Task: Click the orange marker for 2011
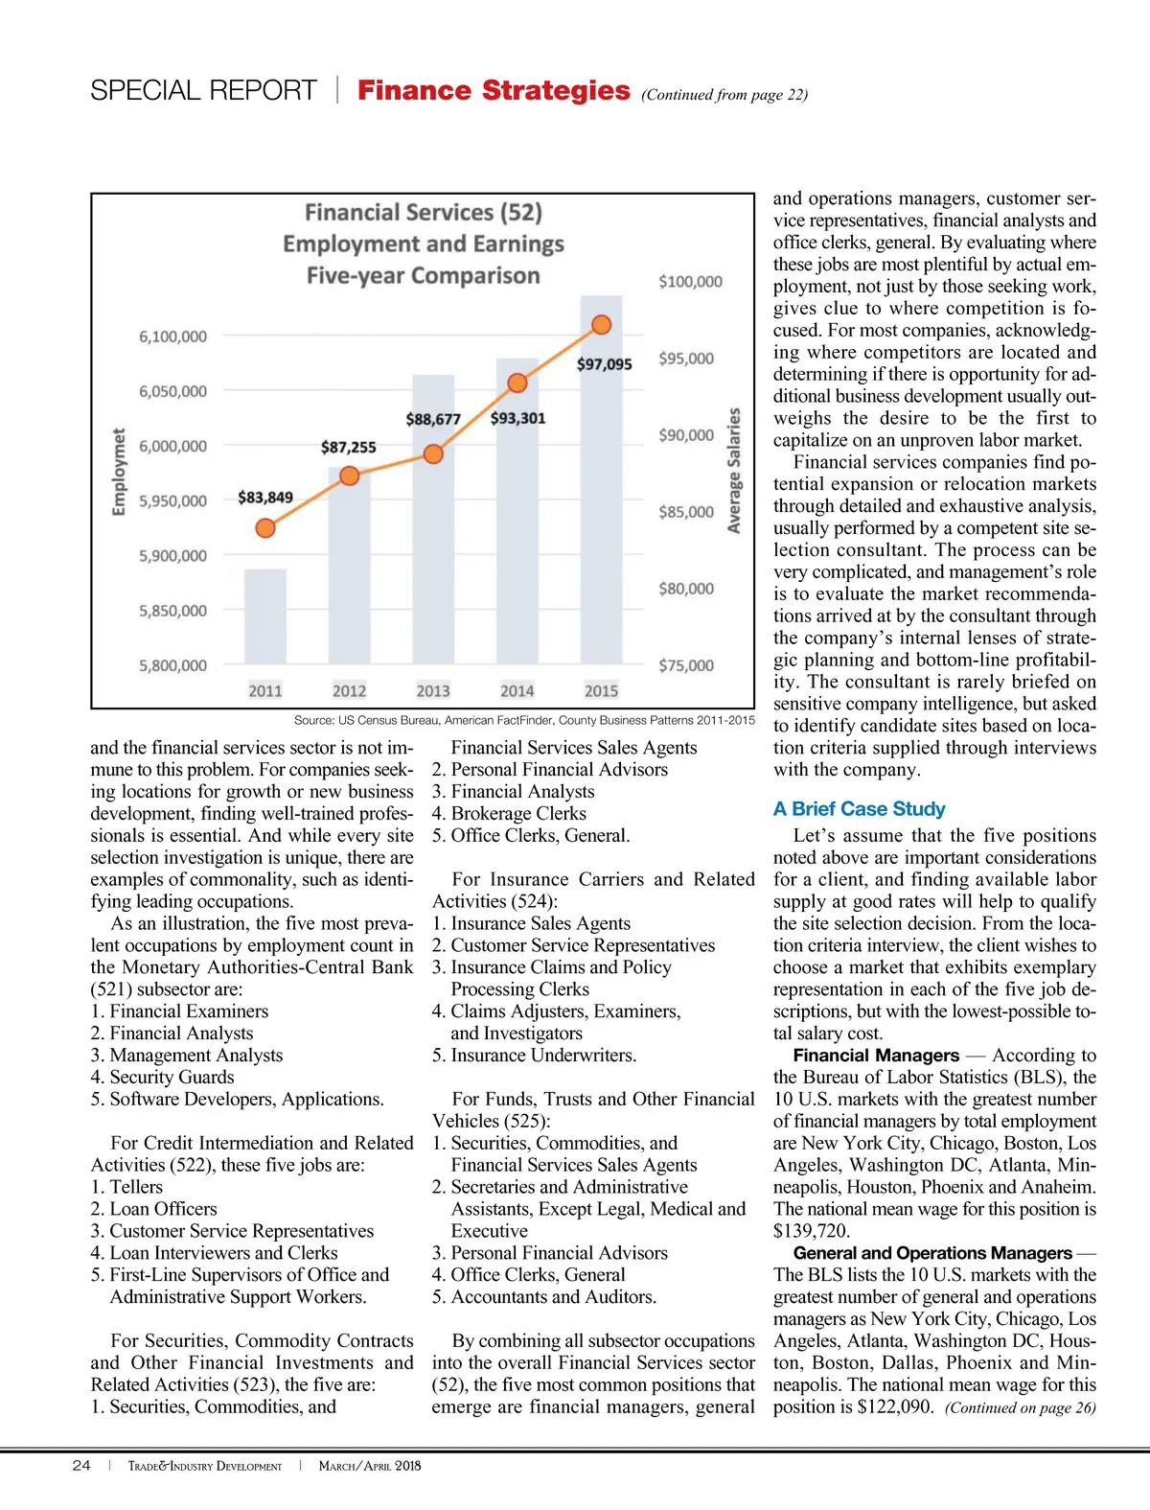point(265,527)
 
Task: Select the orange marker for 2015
point(601,325)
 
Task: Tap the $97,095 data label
point(604,364)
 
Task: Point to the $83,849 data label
point(265,498)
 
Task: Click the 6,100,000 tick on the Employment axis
point(172,337)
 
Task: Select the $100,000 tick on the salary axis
point(690,282)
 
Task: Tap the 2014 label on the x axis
point(517,690)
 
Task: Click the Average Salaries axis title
point(734,470)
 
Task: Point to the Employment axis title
point(119,472)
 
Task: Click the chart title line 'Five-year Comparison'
point(423,276)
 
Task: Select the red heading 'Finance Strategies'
point(494,91)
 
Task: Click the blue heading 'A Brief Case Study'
point(859,809)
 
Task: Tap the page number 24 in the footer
point(81,1465)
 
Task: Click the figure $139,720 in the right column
point(812,1231)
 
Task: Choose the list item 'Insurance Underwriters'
point(542,1056)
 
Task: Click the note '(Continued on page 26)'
point(1020,1407)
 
